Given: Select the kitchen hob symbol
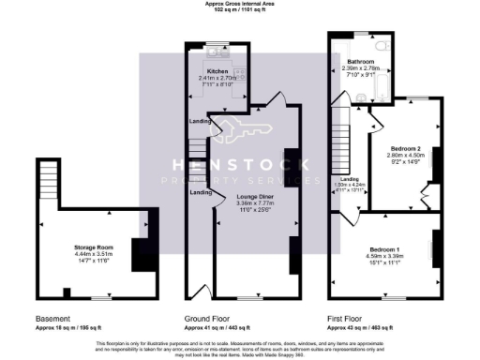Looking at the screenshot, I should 240,74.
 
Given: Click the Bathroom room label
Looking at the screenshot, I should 361,61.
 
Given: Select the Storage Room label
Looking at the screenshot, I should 92,247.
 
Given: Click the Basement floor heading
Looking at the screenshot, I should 52,318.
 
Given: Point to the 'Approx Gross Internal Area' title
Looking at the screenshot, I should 240,4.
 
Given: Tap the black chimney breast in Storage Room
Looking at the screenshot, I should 140,253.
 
